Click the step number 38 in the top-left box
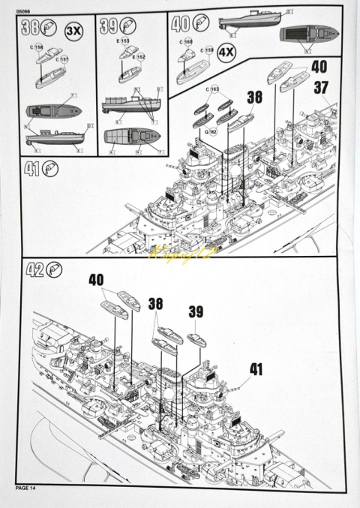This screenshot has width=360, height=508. coord(30,29)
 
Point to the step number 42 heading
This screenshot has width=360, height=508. coord(34,269)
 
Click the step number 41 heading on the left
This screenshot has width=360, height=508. coord(32,170)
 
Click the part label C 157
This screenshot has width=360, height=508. coord(62,59)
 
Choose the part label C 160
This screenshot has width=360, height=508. coord(185,42)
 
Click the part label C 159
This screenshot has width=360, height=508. coord(205,51)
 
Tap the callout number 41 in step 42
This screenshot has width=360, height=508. coord(256,368)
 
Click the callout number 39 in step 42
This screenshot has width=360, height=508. coord(196,311)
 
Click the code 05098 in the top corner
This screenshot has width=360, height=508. coord(25,9)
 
